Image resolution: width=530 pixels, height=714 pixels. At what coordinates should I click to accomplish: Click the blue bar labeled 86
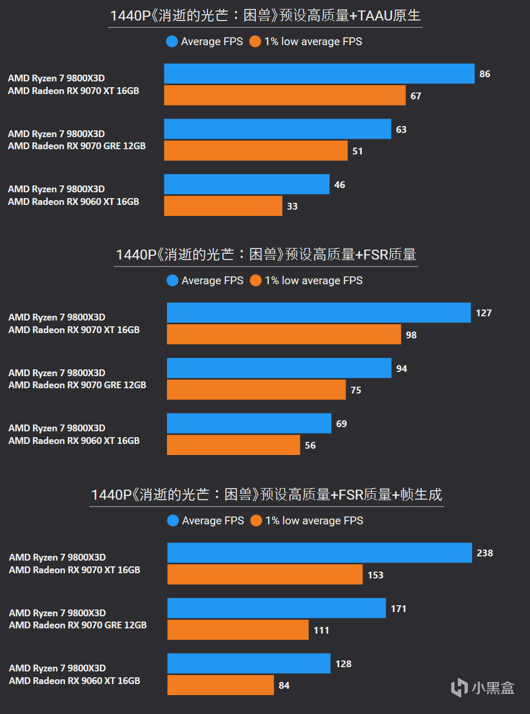tap(319, 74)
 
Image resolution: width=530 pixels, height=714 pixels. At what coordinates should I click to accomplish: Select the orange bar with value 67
tap(285, 96)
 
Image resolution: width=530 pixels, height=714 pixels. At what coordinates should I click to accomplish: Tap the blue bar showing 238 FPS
tap(319, 553)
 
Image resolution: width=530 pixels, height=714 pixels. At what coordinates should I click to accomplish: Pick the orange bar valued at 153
tap(265, 575)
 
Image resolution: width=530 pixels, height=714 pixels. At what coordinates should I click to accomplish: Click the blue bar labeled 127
tap(319, 313)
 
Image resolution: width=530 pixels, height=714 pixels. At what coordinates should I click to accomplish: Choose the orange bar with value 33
tap(223, 206)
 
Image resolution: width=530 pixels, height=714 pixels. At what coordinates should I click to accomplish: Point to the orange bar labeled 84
tap(221, 685)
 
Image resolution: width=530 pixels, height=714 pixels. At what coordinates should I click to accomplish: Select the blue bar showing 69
tap(249, 423)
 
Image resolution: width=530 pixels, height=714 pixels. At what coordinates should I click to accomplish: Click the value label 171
tap(399, 608)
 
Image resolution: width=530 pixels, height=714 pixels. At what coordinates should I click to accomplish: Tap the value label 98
tap(411, 335)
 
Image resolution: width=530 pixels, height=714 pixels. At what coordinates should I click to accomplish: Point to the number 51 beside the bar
tap(358, 151)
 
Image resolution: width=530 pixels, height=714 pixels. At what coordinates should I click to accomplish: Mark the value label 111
tap(321, 630)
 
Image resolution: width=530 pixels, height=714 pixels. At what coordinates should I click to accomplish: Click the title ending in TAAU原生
tap(265, 16)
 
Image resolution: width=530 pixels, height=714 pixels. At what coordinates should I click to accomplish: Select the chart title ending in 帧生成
tap(266, 494)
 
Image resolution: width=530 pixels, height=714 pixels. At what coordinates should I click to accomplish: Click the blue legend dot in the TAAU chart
tap(172, 42)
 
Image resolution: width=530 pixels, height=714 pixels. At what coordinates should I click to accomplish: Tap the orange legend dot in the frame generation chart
tap(256, 521)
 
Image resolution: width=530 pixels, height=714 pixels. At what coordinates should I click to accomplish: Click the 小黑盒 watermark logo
tap(483, 687)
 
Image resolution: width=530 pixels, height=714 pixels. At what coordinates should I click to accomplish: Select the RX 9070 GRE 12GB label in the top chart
tap(77, 146)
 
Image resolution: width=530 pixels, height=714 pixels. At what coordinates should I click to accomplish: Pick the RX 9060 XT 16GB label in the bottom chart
tap(75, 680)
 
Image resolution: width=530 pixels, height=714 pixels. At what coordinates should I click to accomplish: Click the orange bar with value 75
tap(256, 390)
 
